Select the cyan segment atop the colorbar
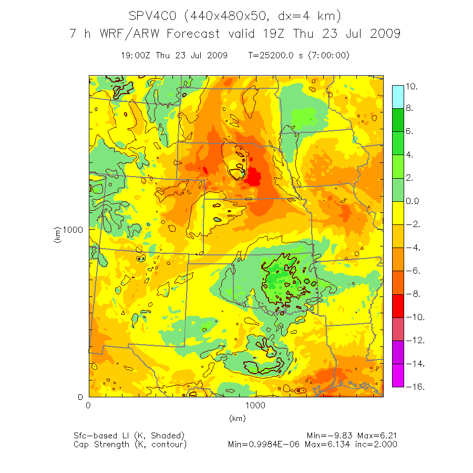click(398, 97)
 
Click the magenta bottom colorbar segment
click(398, 375)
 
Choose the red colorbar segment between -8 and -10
click(398, 306)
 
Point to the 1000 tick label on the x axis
click(255, 405)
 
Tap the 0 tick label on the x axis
click(88, 405)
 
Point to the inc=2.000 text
click(377, 445)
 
